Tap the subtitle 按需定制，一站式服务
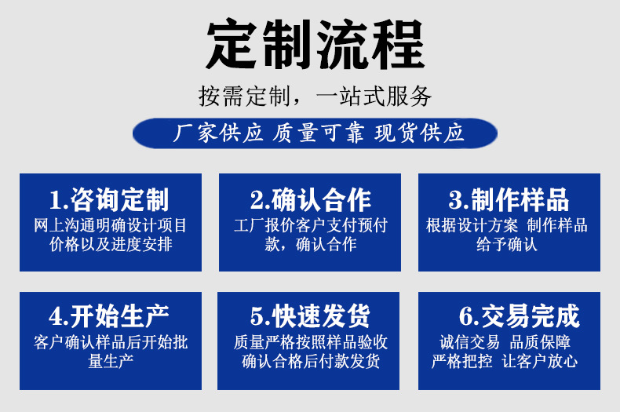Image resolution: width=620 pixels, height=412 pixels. (x=315, y=97)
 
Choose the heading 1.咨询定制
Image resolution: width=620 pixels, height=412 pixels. (x=110, y=199)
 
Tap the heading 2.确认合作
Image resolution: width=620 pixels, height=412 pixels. (x=311, y=199)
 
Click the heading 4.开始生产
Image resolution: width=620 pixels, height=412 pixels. (x=110, y=316)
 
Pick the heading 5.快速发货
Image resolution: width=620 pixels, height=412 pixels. (x=311, y=316)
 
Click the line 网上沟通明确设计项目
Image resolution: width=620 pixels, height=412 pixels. (x=111, y=225)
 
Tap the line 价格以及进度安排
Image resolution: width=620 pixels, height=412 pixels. (x=111, y=243)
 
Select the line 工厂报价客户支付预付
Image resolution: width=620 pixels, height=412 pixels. (x=311, y=225)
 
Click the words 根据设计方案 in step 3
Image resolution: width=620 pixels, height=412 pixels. (x=472, y=225)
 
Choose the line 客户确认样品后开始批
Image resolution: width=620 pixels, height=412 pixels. (x=111, y=342)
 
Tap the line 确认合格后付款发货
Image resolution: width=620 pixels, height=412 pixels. (x=311, y=361)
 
